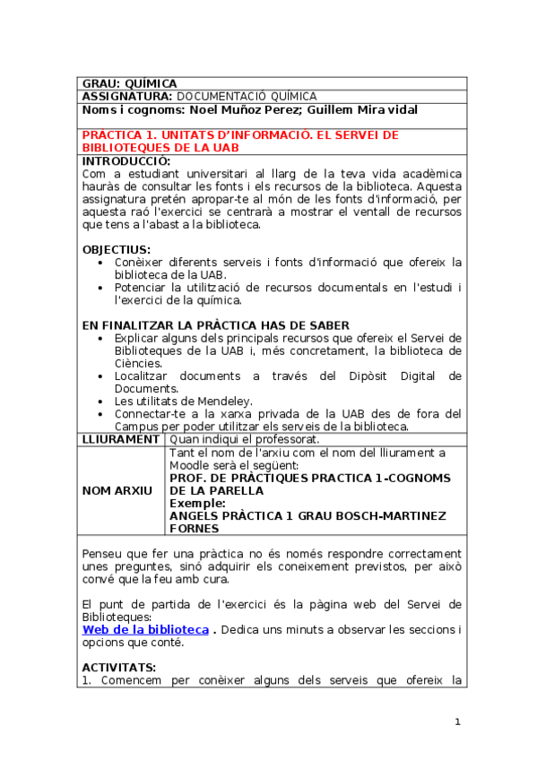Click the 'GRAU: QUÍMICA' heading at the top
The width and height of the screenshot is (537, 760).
[129, 83]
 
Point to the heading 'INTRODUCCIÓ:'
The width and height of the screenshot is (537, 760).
[126, 160]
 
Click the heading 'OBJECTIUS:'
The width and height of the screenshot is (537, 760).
[117, 249]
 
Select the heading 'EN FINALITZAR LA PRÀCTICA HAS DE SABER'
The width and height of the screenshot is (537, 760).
[215, 324]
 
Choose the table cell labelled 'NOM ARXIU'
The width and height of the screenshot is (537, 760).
[117, 491]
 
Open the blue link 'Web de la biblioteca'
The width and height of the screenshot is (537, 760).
[145, 630]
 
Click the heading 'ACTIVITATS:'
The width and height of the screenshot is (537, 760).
[119, 668]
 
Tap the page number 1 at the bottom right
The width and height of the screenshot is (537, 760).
[457, 721]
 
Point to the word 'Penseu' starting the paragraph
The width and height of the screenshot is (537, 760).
[102, 554]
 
